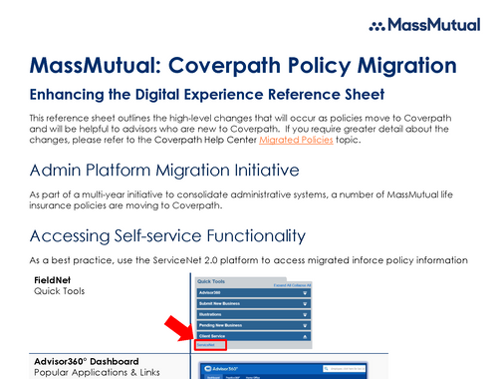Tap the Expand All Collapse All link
tap(293, 286)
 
